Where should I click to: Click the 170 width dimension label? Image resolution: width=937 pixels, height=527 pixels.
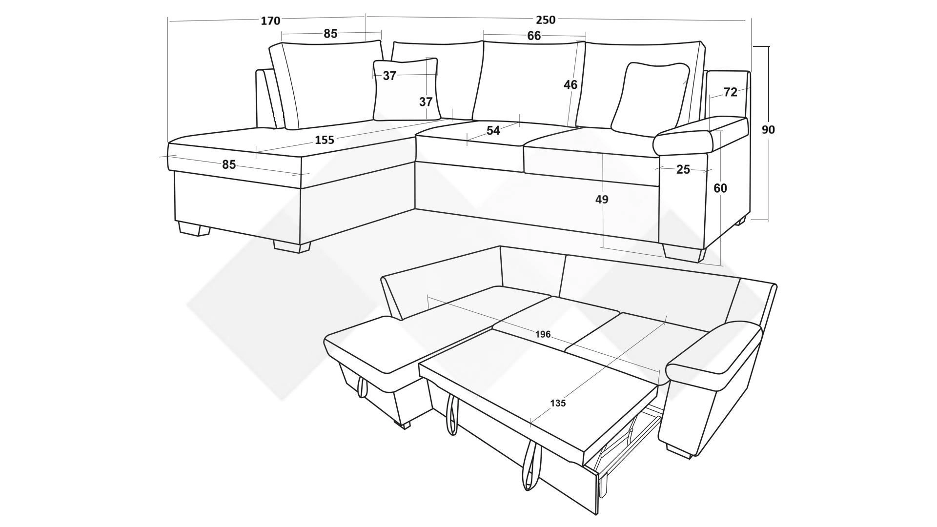coord(270,21)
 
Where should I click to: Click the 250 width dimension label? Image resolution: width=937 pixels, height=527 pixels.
coord(545,20)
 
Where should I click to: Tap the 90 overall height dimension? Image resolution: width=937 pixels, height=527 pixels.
coord(768,130)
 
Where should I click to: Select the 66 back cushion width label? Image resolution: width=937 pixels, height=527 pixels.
coord(534,36)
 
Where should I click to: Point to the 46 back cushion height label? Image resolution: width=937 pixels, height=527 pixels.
coord(570,85)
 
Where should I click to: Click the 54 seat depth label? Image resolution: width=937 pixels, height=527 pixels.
coord(493,131)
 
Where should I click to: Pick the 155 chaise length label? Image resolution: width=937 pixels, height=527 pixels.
coord(325,140)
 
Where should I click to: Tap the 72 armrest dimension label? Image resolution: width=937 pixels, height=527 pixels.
coord(730,92)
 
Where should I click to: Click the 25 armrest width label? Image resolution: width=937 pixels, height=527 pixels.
coord(683,169)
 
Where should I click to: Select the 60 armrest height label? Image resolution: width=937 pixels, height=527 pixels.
coord(720,188)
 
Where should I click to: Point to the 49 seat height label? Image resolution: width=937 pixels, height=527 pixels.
coord(602,199)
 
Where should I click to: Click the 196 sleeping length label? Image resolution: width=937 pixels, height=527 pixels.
coord(543,334)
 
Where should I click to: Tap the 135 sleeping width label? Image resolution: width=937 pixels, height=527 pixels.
coord(558,403)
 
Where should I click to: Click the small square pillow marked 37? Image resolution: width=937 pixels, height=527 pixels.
coord(406,90)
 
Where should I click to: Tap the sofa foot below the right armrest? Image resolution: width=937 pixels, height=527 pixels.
coord(684,253)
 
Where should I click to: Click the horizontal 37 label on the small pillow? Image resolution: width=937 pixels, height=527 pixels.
coord(389,76)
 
